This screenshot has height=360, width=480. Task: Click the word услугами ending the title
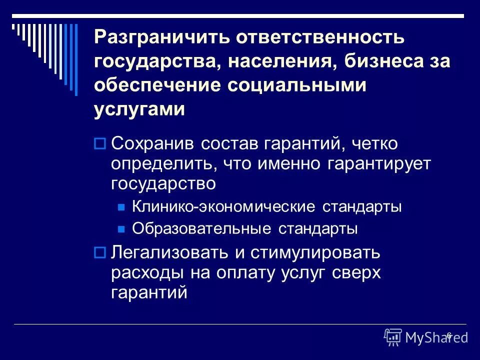(139, 108)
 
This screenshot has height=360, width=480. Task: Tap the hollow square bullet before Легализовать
(99, 253)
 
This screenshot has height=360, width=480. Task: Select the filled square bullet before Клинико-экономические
(120, 207)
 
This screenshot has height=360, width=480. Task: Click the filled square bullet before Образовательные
(120, 229)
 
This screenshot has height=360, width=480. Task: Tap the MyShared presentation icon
(393, 337)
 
